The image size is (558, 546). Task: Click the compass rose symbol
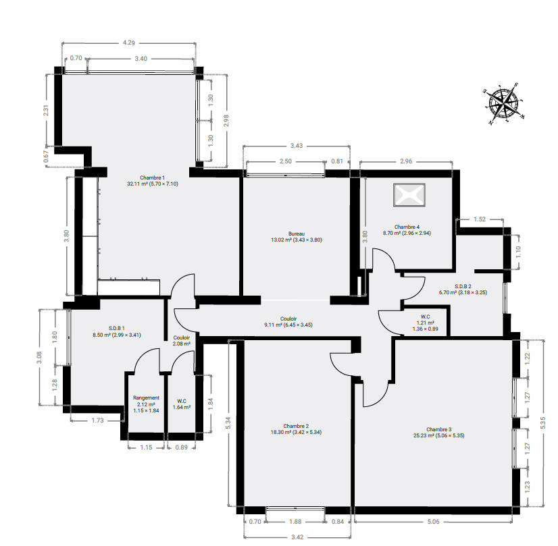[x=504, y=103]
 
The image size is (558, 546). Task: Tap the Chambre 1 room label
[x=152, y=181]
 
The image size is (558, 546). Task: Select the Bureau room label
[x=297, y=237]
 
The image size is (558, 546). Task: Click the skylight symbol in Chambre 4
[x=409, y=195]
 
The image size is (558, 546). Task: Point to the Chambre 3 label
[x=439, y=432]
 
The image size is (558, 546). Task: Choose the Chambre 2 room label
[x=296, y=429]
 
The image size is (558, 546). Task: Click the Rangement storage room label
[x=146, y=404]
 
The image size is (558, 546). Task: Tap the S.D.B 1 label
[x=117, y=331]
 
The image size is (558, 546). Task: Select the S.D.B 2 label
[x=463, y=290]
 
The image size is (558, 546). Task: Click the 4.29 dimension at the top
[x=129, y=43]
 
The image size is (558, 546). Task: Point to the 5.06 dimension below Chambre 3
[x=433, y=522]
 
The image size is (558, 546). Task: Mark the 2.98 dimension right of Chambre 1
[x=226, y=121]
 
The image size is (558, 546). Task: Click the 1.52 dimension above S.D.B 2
[x=480, y=219]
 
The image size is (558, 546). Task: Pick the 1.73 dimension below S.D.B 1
[x=97, y=420]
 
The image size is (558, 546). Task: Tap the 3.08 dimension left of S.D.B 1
[x=39, y=357]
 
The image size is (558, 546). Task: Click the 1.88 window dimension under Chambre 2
[x=295, y=522]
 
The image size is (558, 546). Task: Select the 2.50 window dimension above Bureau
[x=285, y=161]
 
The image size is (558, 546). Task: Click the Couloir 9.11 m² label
[x=288, y=322]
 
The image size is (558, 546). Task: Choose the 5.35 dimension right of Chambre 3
[x=542, y=422]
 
